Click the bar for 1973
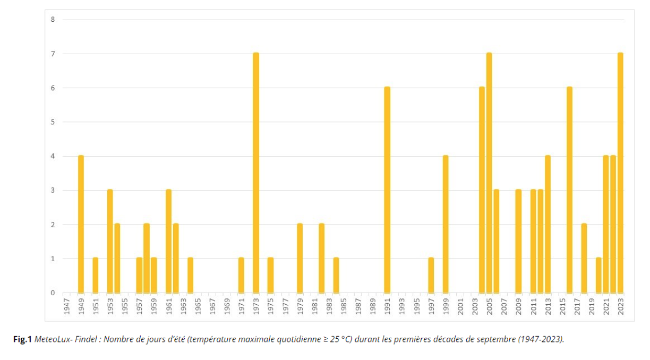[x=256, y=173]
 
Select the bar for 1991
[x=387, y=190]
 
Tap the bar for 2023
[x=620, y=173]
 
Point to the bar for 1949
[x=81, y=224]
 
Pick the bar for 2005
[x=489, y=173]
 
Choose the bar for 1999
[x=446, y=224]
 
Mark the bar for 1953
[x=110, y=241]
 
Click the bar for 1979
[x=300, y=259]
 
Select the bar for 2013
[x=548, y=224]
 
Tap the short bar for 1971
[x=241, y=276]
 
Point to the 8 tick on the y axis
[x=53, y=20]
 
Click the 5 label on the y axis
[x=53, y=122]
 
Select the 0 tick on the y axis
[x=53, y=293]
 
